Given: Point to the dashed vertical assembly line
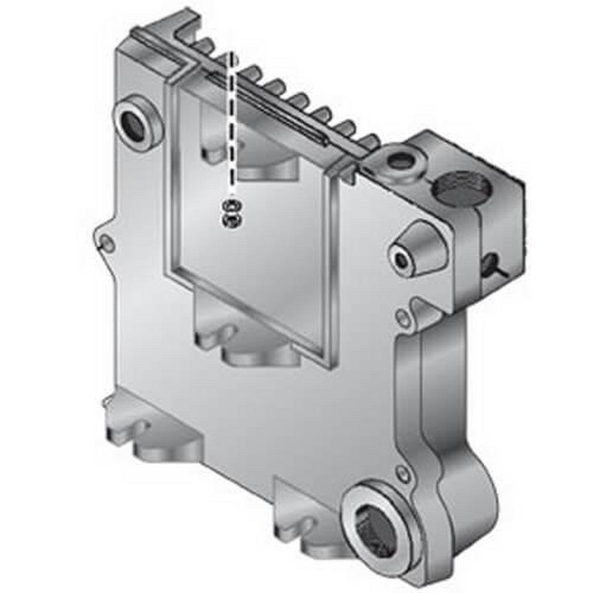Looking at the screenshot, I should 232,125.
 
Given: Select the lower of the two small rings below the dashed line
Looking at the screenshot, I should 231,221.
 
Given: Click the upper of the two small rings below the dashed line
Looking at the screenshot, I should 231,207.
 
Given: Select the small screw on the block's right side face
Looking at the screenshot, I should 490,263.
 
